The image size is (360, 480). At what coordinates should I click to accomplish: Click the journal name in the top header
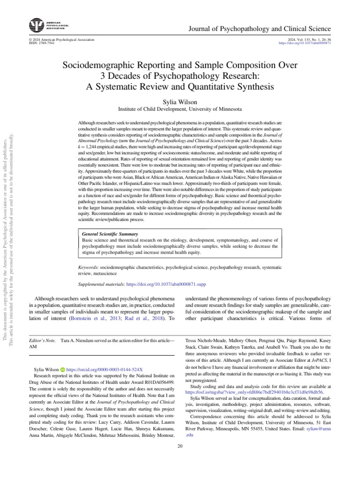[259, 29]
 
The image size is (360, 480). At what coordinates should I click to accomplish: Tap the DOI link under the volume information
[305, 43]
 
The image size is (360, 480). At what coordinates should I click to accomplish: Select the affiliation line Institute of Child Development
[180, 109]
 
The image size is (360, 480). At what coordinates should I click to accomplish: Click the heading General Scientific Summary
[110, 234]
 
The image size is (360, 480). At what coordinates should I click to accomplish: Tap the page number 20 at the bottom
[180, 445]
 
